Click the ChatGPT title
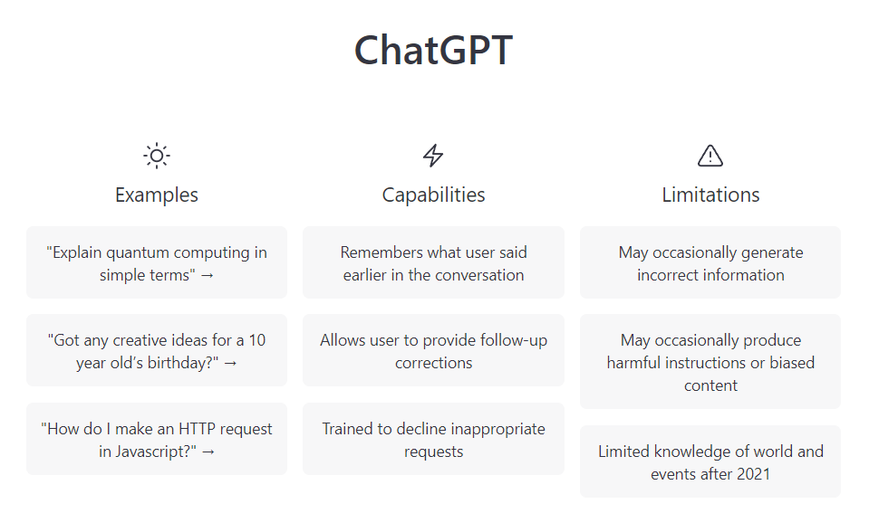pos(433,50)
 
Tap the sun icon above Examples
pos(157,156)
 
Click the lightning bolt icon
pos(433,156)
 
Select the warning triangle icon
pos(710,156)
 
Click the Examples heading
pos(157,195)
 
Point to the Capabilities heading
pos(433,195)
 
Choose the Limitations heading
pos(710,195)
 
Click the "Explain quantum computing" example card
pos(157,262)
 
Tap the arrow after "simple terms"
pos(208,276)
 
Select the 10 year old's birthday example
pos(157,350)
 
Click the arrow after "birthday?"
pos(230,364)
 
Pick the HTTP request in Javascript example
pos(157,439)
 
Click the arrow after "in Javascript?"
pos(208,452)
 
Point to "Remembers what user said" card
pos(433,262)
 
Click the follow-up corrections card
pos(433,350)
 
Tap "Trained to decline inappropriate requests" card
pos(433,439)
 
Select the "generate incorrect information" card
pos(710,262)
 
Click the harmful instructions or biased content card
pos(710,361)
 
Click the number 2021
pos(752,474)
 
